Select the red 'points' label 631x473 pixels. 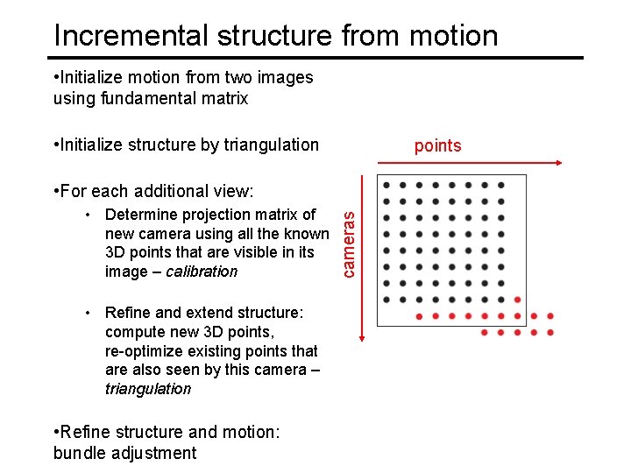pos(437,145)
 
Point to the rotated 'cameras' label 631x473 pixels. pos(349,237)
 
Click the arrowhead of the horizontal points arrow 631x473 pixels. pos(557,163)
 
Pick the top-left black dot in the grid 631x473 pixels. pos(386,185)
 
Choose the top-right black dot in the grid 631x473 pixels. pos(500,185)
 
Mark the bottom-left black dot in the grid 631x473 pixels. pos(386,300)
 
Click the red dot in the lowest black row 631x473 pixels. pos(517,300)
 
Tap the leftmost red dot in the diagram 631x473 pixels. pos(419,316)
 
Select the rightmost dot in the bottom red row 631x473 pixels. pos(549,333)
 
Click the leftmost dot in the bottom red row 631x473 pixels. pos(485,333)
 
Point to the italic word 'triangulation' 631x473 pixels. pos(147,389)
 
